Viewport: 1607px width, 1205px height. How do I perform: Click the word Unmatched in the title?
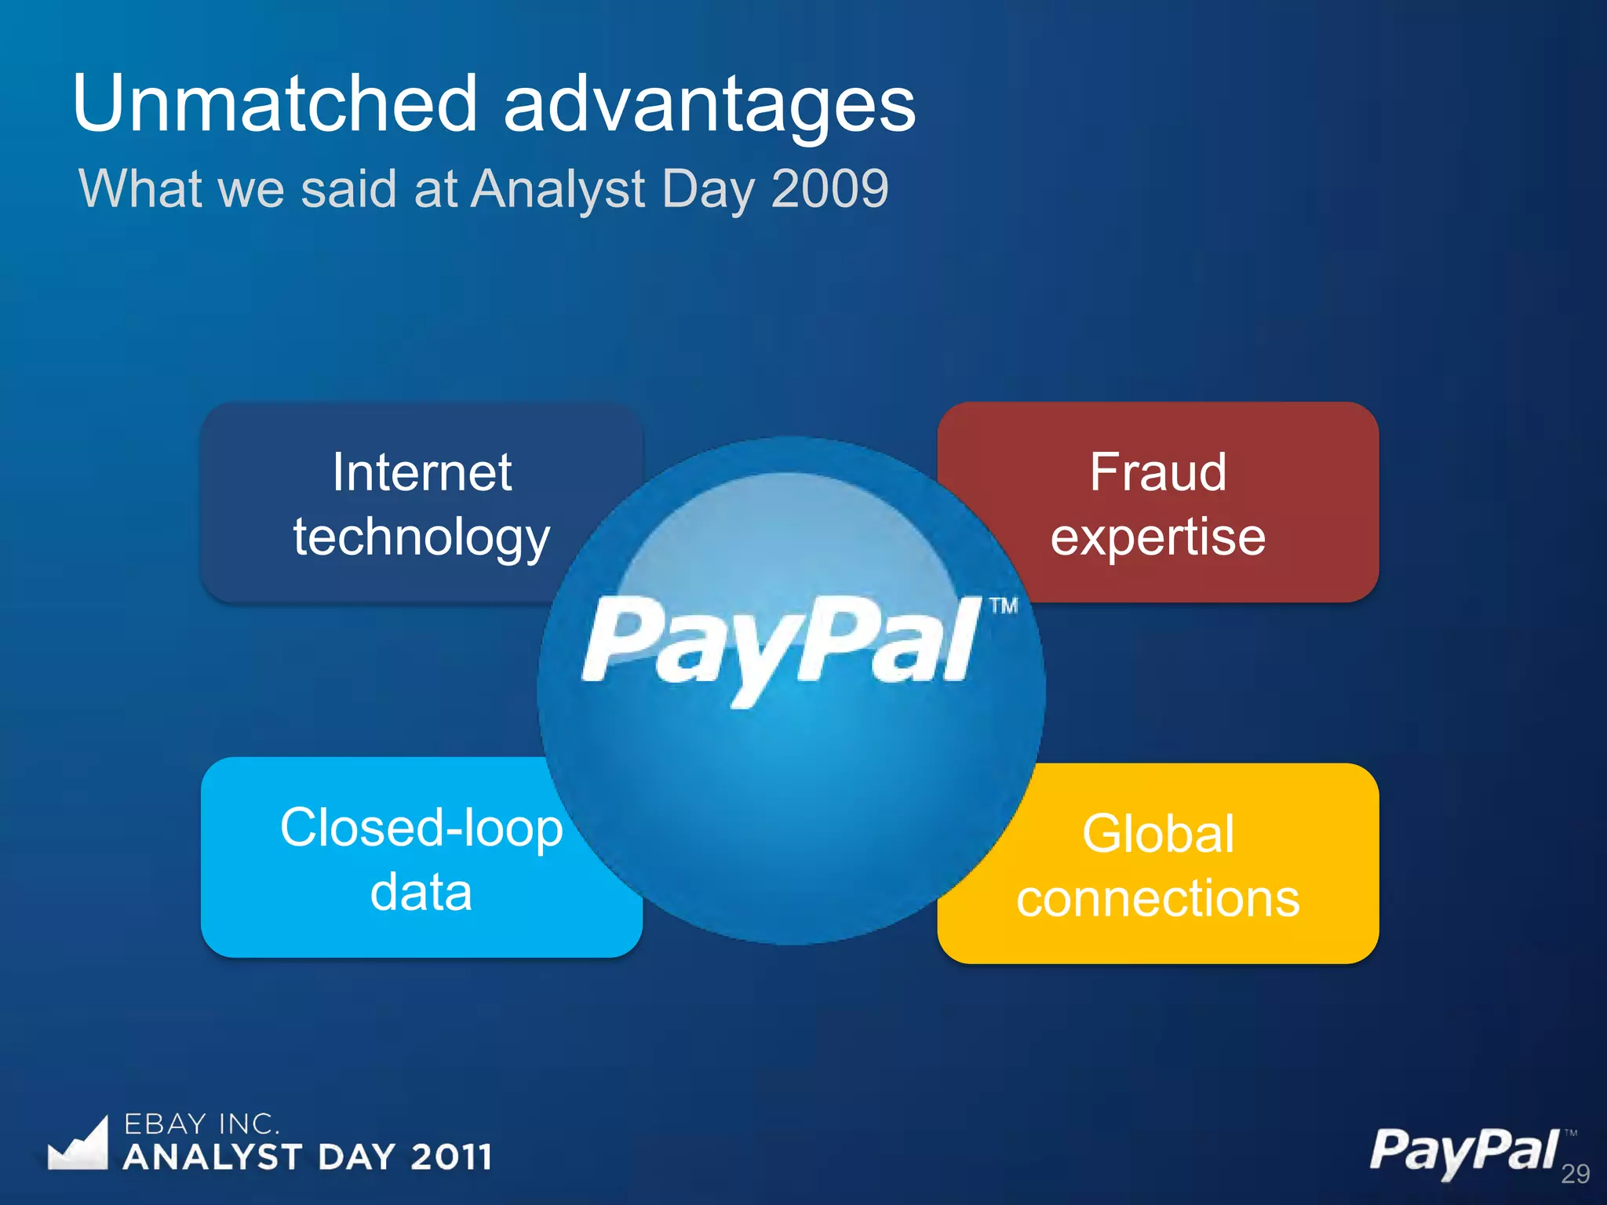click(x=275, y=104)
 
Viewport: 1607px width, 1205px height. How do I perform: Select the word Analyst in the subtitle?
click(x=559, y=190)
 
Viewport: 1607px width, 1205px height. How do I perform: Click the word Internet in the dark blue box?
click(x=421, y=472)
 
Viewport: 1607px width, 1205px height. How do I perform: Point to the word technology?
click(x=421, y=538)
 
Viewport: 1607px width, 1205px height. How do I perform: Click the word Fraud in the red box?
click(x=1157, y=472)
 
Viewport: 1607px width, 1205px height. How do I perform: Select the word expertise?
click(x=1157, y=538)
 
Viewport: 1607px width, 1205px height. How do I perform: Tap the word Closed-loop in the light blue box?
click(x=421, y=828)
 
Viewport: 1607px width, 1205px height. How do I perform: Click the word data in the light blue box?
click(x=421, y=893)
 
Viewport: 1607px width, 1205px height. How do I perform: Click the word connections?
click(x=1157, y=898)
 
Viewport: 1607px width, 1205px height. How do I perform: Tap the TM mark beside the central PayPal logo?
click(x=1003, y=606)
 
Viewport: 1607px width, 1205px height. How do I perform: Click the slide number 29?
click(x=1575, y=1174)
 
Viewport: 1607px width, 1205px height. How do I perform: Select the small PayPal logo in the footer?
click(x=1464, y=1151)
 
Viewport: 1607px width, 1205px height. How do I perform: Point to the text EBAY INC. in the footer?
click(x=202, y=1124)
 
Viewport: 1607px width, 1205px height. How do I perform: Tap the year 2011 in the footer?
click(x=451, y=1157)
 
